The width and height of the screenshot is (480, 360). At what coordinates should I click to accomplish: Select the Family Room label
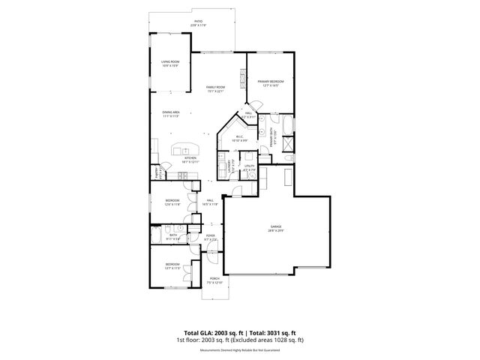coord(216,88)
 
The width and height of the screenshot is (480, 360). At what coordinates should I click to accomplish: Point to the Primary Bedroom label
coord(270,83)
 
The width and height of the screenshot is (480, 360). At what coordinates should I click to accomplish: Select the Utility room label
coord(249,168)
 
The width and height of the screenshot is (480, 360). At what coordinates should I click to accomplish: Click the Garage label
coord(277,229)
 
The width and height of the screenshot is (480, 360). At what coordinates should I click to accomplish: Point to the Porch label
coord(214,282)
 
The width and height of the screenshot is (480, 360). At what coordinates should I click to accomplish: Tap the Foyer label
coord(211,238)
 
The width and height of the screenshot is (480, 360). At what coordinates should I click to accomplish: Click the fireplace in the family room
coord(241,78)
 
